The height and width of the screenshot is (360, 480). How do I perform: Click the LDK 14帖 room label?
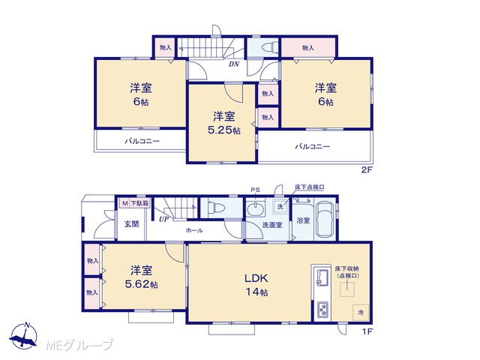pos(256,285)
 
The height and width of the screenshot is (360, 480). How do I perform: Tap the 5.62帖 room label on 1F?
pos(142,277)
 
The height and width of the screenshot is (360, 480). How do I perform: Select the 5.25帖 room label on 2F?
pos(224,123)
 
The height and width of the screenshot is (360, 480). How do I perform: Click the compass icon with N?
pos(23,336)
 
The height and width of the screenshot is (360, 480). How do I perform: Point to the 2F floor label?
pos(367,170)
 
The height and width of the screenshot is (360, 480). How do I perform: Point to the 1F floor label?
pos(367,331)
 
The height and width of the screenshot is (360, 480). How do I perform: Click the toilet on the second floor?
pos(270,48)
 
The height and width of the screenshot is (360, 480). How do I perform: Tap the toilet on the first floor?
pos(216,208)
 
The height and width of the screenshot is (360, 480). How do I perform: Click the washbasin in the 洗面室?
pos(255,209)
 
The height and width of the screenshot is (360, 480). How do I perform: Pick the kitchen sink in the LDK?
pos(322,277)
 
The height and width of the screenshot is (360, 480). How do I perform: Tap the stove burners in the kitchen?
pos(322,310)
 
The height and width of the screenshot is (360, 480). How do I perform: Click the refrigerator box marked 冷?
pos(361,313)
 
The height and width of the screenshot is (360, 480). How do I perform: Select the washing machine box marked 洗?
pos(280,206)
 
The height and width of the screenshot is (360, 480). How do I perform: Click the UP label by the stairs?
pos(163,219)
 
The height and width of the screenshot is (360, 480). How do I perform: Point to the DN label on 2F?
pos(234,64)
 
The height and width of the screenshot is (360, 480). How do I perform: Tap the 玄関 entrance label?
pos(132,224)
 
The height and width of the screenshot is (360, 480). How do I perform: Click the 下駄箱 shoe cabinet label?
pos(140,203)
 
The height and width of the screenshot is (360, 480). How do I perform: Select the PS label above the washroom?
pos(255,190)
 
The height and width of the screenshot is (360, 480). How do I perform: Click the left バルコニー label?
pos(142,142)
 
